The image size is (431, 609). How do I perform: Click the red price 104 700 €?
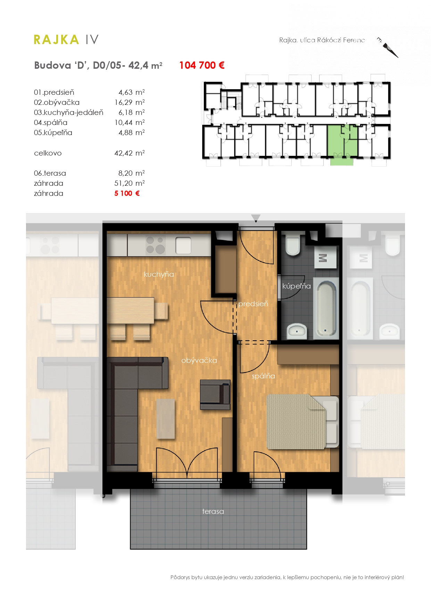(x=202, y=65)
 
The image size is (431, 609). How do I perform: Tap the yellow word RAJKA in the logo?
(x=56, y=40)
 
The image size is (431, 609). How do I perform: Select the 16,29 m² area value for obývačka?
(x=130, y=102)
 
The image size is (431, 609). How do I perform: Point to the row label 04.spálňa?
(x=51, y=123)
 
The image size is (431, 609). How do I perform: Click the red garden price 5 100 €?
(x=127, y=193)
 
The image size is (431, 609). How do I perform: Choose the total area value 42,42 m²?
(x=130, y=153)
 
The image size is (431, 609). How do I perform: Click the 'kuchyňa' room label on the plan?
(x=159, y=274)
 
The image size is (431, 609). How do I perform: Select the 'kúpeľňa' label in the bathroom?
(x=297, y=286)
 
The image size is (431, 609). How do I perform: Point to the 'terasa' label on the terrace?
(x=213, y=511)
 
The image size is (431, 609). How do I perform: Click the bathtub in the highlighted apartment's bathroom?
(x=326, y=308)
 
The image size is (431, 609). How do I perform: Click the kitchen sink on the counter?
(x=183, y=245)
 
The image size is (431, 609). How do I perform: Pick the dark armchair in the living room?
(x=215, y=394)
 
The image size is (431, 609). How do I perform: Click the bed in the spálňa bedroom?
(x=302, y=422)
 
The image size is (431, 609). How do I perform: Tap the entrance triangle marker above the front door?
(x=256, y=218)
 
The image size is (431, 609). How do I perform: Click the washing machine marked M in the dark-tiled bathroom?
(x=325, y=257)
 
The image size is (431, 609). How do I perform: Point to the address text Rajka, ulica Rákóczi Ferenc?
(x=322, y=40)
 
